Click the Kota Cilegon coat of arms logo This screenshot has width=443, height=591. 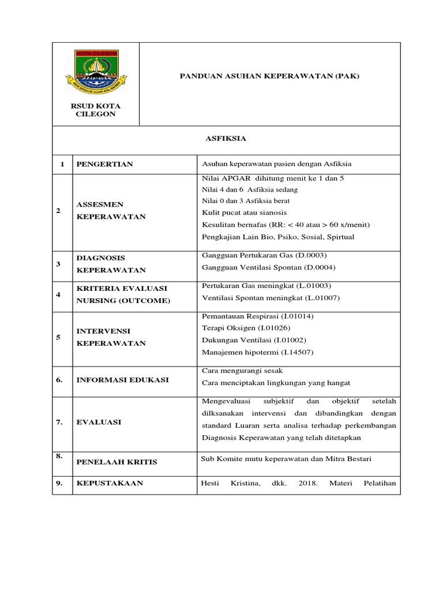[96, 73]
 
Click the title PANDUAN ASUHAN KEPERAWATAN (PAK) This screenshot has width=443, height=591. [269, 76]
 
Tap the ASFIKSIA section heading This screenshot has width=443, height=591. [226, 139]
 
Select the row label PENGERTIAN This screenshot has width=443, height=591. [105, 164]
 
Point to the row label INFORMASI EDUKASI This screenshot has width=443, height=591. [123, 379]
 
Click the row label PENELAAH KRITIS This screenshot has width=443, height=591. [117, 462]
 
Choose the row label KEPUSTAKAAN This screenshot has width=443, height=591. [110, 483]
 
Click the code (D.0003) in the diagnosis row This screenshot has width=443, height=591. [311, 255]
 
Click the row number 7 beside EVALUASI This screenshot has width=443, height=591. [59, 422]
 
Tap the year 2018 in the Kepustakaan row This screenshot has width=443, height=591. [309, 483]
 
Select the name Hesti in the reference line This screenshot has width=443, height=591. [211, 483]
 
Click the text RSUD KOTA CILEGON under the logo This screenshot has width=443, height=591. [96, 110]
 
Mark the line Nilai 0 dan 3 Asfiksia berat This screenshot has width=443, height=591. [246, 201]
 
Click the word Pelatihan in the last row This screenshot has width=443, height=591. [378, 483]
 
